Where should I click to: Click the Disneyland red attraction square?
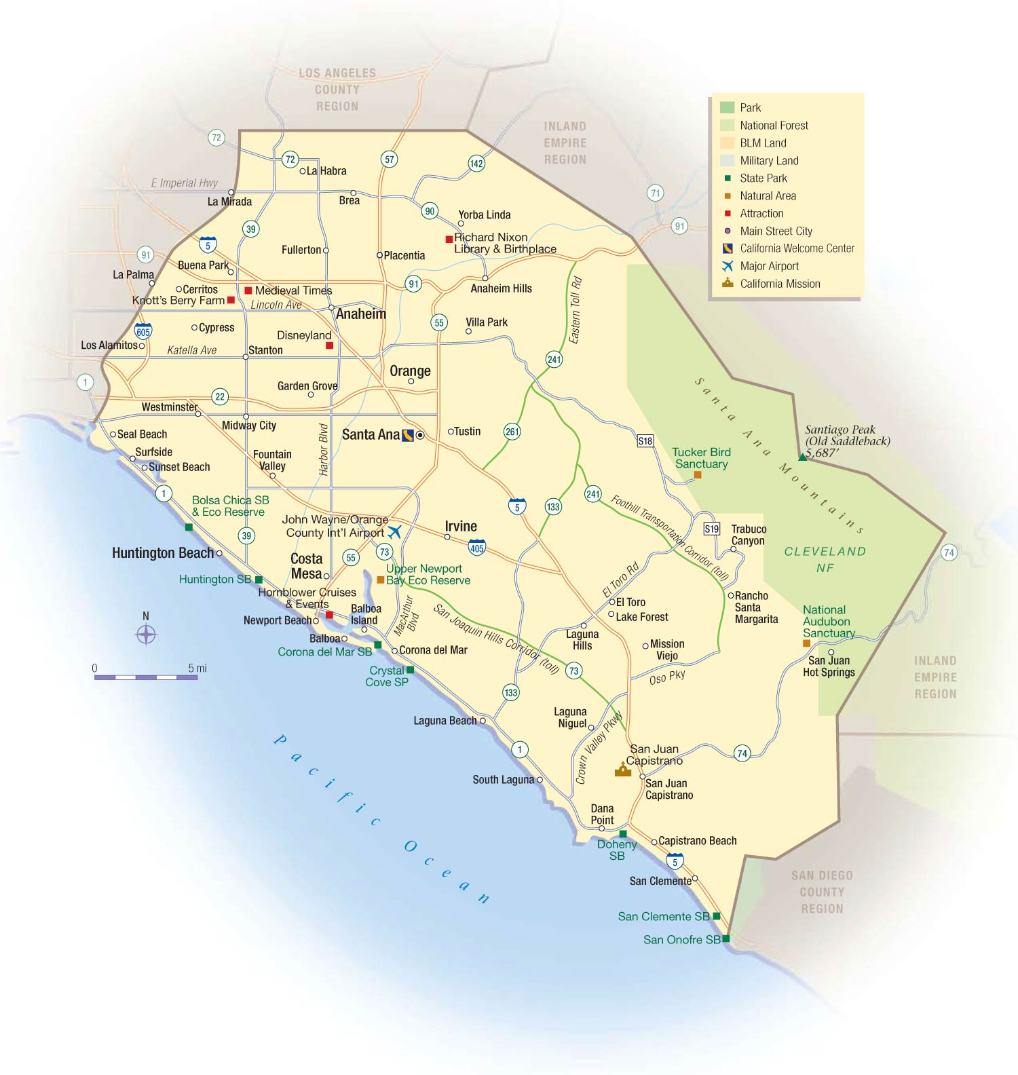click(329, 345)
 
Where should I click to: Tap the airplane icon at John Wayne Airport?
click(394, 531)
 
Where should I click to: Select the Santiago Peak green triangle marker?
click(802, 457)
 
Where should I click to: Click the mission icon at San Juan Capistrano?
click(622, 770)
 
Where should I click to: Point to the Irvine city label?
click(461, 526)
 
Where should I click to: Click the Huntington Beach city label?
click(163, 553)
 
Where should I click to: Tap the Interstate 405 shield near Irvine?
click(477, 547)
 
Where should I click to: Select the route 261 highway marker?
click(512, 432)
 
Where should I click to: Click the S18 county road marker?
click(645, 441)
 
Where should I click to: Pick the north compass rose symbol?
click(146, 635)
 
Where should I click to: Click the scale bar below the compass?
click(146, 677)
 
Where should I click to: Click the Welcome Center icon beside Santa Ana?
click(408, 435)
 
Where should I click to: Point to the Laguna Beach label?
click(445, 721)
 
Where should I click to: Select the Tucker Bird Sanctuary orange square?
click(697, 475)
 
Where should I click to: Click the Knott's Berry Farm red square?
click(231, 300)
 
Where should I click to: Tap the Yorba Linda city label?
click(485, 215)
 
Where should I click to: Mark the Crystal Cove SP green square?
click(410, 670)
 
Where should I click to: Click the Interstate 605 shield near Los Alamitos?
click(143, 331)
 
